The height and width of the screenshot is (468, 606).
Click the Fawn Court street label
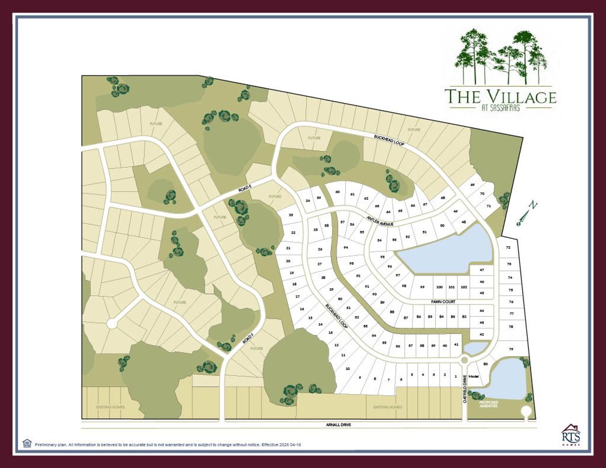(x=443, y=301)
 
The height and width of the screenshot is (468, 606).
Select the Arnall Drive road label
(x=338, y=425)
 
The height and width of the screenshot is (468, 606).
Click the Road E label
(x=245, y=189)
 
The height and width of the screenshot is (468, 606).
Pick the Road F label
(x=249, y=337)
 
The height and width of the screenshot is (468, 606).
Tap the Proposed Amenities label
(x=489, y=404)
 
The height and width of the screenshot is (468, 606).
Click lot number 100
(x=439, y=287)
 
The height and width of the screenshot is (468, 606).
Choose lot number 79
(x=511, y=349)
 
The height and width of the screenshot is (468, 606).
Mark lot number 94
(x=346, y=247)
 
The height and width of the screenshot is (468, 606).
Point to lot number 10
(x=348, y=368)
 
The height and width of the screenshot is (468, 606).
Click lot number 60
(x=338, y=192)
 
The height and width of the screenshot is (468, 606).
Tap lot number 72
(x=508, y=247)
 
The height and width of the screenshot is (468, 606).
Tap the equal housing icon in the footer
(x=27, y=443)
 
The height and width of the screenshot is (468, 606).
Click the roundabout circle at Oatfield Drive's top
(x=464, y=361)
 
